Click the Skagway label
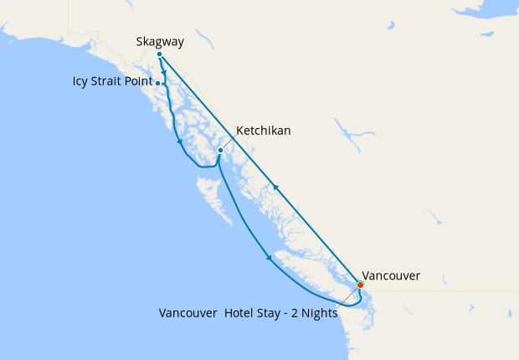[159, 41]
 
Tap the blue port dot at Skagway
[159, 54]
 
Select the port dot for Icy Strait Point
[158, 84]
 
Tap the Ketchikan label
[264, 131]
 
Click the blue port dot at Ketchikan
[220, 151]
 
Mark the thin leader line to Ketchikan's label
[228, 142]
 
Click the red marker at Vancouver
[361, 285]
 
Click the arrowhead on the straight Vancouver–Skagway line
[276, 188]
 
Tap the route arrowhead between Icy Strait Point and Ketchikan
[180, 141]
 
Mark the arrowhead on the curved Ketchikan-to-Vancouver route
[269, 257]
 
